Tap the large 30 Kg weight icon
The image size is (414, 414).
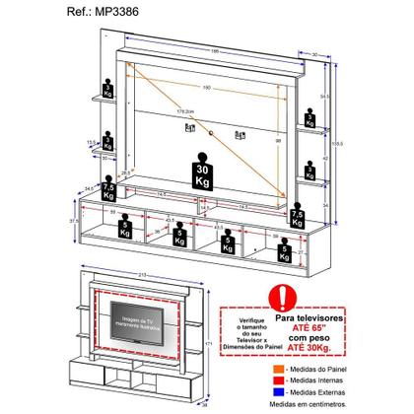click(x=206, y=166)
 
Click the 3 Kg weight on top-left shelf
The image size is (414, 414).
click(x=107, y=85)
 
